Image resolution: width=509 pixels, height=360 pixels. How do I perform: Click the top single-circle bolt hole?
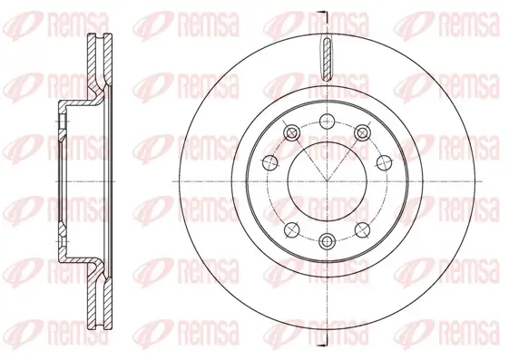325,121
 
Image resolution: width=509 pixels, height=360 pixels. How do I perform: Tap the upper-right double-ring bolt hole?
360,134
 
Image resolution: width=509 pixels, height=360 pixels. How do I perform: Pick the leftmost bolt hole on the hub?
269,163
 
